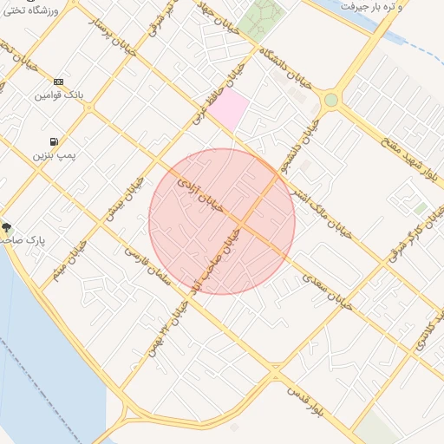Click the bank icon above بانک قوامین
58,81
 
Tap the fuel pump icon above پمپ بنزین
55,141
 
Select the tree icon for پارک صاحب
7,226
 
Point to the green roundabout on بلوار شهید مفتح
330,101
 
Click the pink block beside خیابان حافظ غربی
227,110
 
